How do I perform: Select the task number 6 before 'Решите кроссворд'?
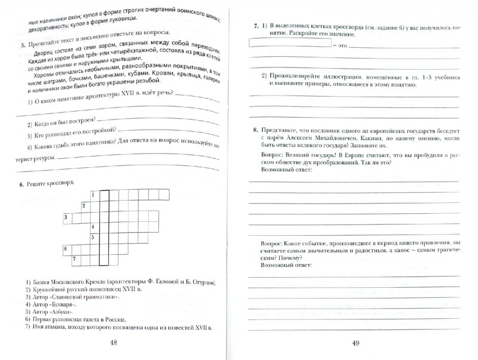click(x=23, y=183)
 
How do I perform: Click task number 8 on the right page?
click(x=255, y=130)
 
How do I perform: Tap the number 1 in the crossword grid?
click(x=93, y=195)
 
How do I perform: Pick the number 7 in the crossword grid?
click(x=73, y=259)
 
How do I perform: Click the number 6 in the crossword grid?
click(x=64, y=248)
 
